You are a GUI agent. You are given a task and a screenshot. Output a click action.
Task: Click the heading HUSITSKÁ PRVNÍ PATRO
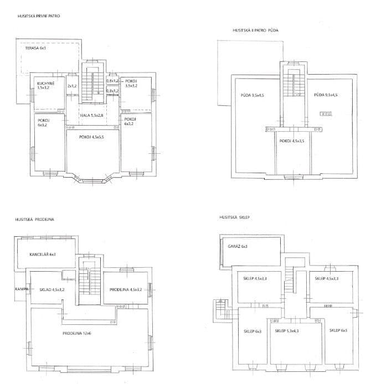[x=38, y=17]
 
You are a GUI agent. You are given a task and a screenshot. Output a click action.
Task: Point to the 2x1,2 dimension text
[x=72, y=86]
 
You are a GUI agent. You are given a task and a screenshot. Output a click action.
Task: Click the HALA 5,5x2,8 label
[x=92, y=115]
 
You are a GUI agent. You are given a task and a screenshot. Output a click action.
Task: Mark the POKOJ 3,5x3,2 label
[x=131, y=84]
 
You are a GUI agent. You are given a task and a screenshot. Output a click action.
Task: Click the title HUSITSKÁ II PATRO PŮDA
[x=255, y=30]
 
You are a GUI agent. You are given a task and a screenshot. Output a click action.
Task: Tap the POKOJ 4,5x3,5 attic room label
[x=292, y=141]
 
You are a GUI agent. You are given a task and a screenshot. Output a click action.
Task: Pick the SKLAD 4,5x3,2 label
[x=52, y=289]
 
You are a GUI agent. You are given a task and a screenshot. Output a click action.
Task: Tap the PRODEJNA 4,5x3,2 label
[x=126, y=289]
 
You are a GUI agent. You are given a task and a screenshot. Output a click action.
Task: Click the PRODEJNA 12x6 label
[x=76, y=333]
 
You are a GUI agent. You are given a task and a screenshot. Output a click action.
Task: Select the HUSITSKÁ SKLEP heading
[x=235, y=218]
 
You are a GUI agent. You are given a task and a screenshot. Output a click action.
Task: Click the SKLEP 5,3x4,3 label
[x=287, y=331]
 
